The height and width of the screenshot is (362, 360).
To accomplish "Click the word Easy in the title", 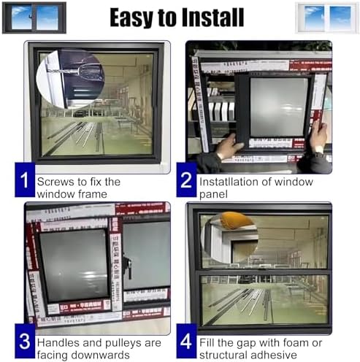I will tap(134, 18).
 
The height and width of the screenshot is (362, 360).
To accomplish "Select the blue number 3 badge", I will tap(24, 342).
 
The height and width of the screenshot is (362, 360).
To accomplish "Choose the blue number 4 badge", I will tap(185, 342).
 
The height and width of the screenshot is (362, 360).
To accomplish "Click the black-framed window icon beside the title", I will tap(34, 18).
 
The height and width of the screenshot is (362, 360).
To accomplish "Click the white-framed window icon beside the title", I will tap(326, 18).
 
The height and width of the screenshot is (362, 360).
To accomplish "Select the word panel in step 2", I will tap(213, 194).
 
